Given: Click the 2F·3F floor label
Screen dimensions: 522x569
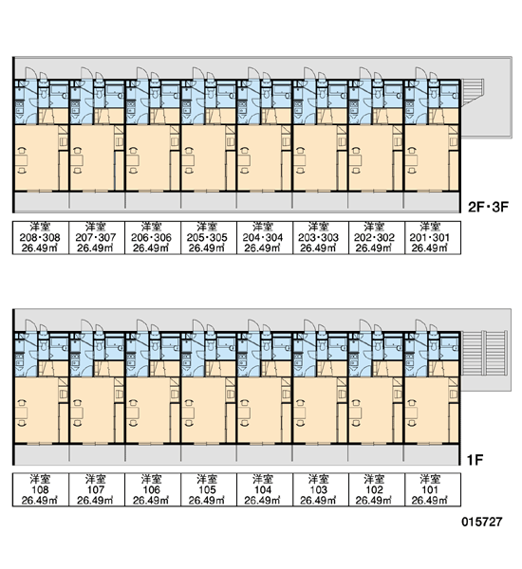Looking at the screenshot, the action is (x=488, y=207).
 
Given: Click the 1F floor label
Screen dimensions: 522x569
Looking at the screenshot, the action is (x=475, y=460).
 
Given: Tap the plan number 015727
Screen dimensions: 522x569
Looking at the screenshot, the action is (x=482, y=522).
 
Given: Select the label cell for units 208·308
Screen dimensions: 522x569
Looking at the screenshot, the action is (x=41, y=238).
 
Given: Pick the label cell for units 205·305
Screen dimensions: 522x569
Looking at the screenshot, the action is (x=209, y=238).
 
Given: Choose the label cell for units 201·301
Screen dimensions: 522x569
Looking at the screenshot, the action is (x=433, y=238).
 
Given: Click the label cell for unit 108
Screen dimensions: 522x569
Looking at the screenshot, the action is (x=41, y=489).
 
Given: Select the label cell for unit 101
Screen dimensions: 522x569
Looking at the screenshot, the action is (x=433, y=489).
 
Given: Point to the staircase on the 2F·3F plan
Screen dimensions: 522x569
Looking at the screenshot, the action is (x=473, y=93).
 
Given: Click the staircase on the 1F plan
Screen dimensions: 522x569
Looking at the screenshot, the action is (x=484, y=353).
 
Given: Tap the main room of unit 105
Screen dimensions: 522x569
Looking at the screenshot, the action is (x=204, y=410).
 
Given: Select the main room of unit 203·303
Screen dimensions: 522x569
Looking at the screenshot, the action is (x=315, y=157).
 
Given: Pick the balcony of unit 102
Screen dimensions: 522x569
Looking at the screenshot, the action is (x=376, y=455).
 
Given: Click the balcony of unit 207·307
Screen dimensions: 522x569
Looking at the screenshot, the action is (x=97, y=202).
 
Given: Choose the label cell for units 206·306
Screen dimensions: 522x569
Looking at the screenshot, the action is (x=153, y=238).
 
